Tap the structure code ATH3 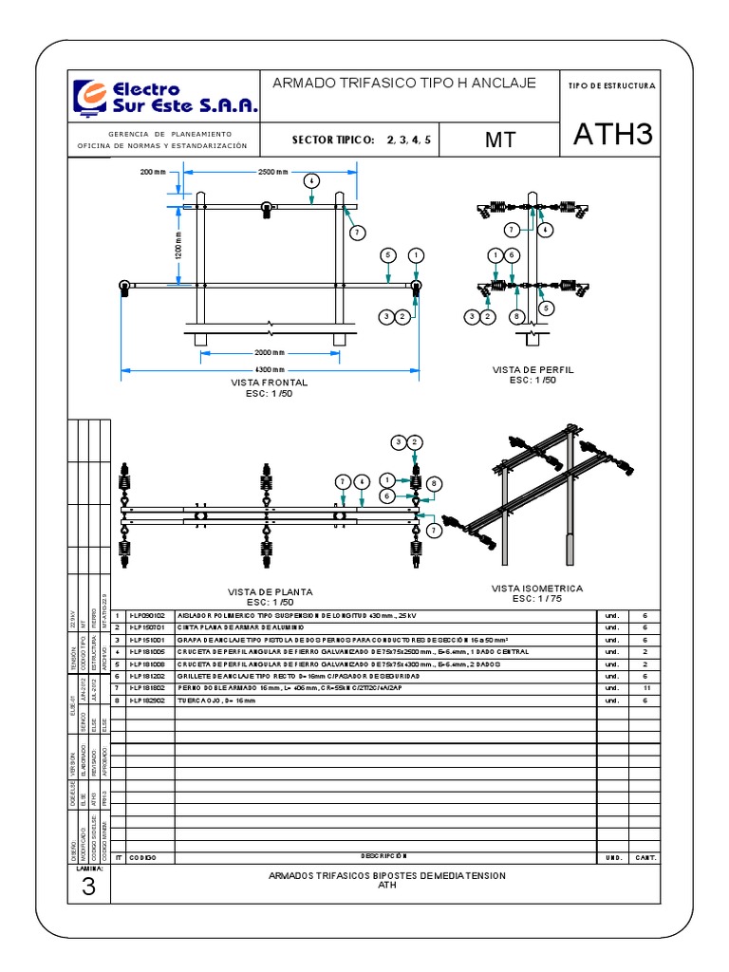point(613,136)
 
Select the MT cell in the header point(499,140)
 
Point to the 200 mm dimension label point(153,172)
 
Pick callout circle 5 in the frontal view point(386,254)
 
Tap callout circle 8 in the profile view point(515,316)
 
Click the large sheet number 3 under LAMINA point(89,887)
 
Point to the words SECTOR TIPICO point(334,140)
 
